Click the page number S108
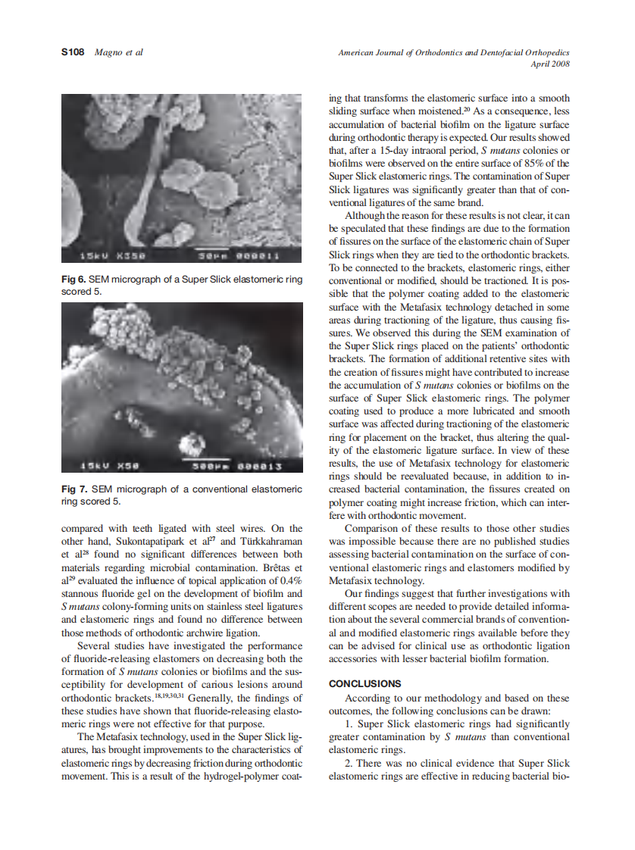[72, 52]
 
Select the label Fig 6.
[74, 280]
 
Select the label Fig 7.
[74, 489]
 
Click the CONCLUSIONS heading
[365, 683]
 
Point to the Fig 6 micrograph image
[182, 179]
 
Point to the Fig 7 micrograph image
[182, 388]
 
